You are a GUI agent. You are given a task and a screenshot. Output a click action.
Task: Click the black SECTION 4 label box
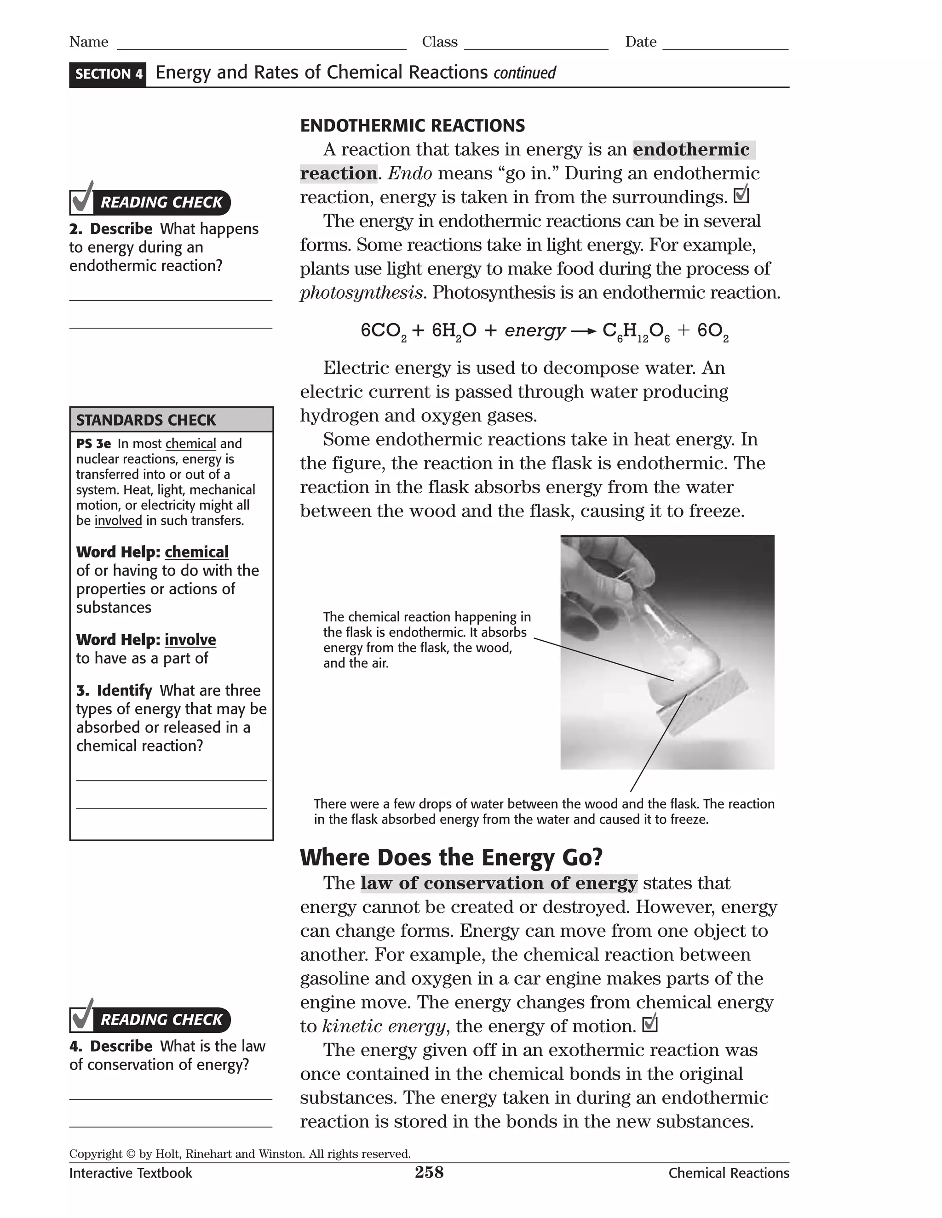click(x=108, y=74)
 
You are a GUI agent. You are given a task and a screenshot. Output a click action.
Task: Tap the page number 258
click(x=429, y=1172)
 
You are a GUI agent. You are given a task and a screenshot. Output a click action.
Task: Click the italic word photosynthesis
click(x=361, y=293)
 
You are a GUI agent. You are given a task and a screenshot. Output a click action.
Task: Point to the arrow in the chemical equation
click(x=584, y=332)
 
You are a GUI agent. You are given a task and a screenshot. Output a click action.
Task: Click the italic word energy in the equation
click(x=534, y=331)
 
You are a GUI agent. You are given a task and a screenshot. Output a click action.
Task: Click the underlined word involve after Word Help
click(x=190, y=640)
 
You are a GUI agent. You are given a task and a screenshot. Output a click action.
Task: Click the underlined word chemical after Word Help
click(x=196, y=552)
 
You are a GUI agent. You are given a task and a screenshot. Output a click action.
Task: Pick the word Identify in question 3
click(x=124, y=690)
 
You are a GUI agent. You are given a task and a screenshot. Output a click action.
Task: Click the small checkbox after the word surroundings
click(x=741, y=195)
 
